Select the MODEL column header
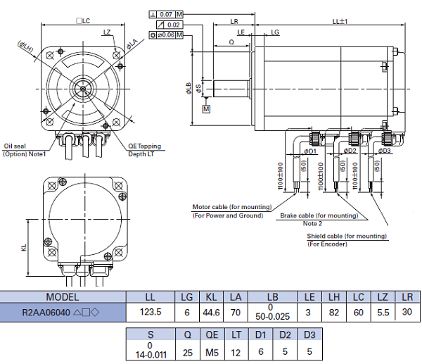point(63,296)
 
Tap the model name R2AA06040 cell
point(63,312)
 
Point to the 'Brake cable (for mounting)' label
point(318,215)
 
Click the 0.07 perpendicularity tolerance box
point(166,14)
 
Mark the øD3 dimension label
point(385,151)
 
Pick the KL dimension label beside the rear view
point(24,249)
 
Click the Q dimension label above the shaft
point(231,42)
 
